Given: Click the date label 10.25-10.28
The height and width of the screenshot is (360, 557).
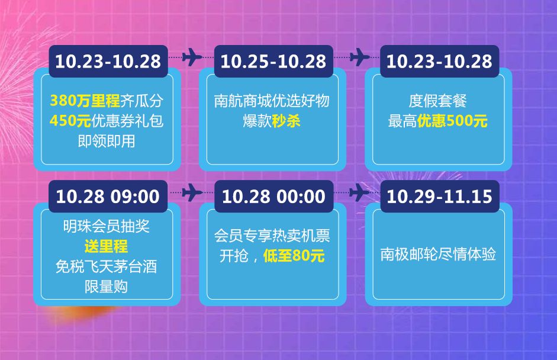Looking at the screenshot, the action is click(x=273, y=62).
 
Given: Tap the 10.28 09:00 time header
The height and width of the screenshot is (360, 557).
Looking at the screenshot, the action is click(x=108, y=197).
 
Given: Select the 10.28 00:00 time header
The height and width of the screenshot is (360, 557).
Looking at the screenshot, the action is click(x=273, y=197).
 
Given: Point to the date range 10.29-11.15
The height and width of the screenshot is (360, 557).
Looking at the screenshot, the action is click(x=439, y=197).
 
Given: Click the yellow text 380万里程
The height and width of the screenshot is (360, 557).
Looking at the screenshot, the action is click(x=85, y=101).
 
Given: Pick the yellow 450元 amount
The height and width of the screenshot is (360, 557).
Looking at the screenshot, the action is click(x=70, y=121).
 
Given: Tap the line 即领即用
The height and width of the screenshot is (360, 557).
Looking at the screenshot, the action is click(x=107, y=142).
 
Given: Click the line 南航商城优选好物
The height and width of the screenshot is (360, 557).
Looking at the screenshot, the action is click(x=272, y=101).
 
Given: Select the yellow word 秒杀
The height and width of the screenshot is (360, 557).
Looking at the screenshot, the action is click(x=286, y=121).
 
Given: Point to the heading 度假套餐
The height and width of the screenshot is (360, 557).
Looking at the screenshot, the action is click(x=437, y=101).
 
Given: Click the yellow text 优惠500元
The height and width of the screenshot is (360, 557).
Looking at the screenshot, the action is click(x=452, y=121).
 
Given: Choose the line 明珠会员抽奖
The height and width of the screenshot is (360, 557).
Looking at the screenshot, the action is click(x=107, y=226).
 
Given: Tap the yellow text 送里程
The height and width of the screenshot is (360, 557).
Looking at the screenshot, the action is click(x=106, y=247).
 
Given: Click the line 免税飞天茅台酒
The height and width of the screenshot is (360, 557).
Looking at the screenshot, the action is click(x=106, y=267).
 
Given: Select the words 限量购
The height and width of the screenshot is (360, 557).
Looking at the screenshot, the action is click(x=106, y=287).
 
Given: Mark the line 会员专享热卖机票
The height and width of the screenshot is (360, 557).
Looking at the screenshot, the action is click(x=272, y=236).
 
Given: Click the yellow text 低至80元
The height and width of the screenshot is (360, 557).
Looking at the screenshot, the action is click(x=294, y=256).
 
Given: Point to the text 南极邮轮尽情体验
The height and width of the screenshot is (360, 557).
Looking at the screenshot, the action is click(x=438, y=255).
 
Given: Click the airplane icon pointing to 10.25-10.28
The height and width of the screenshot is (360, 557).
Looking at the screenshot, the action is click(x=192, y=57).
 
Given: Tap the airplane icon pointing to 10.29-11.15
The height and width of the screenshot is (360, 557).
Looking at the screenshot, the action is click(x=359, y=192).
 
